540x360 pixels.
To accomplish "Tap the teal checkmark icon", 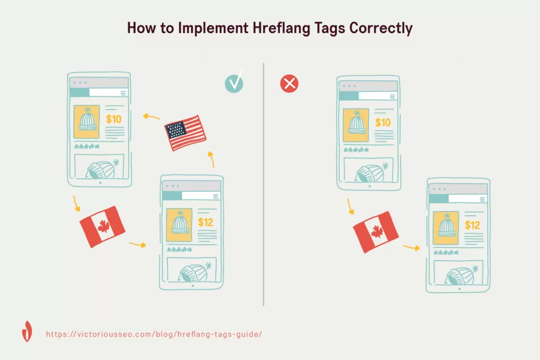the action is pyautogui.click(x=234, y=83).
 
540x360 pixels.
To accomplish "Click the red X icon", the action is pyautogui.click(x=290, y=84).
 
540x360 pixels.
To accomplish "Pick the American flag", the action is pyautogui.click(x=185, y=133).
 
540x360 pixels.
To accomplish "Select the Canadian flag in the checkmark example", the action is pyautogui.click(x=102, y=227).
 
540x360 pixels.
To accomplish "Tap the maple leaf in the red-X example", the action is pyautogui.click(x=377, y=231).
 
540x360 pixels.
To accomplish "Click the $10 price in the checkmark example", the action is pyautogui.click(x=114, y=119).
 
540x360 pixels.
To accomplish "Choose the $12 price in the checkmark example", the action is pyautogui.click(x=206, y=222).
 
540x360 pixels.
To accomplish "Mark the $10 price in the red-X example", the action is pyautogui.click(x=383, y=122).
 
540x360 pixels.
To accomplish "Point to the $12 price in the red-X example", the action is pyautogui.click(x=472, y=225).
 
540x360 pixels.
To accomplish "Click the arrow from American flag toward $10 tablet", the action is pyautogui.click(x=151, y=116).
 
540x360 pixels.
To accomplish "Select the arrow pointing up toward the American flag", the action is pyautogui.click(x=211, y=159).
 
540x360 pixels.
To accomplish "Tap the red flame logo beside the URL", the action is pyautogui.click(x=27, y=332).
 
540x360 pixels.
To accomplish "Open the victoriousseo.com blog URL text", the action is pyautogui.click(x=154, y=334).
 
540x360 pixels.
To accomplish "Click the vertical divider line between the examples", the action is pyautogui.click(x=264, y=184).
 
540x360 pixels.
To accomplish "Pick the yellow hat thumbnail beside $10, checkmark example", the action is pyautogui.click(x=86, y=122).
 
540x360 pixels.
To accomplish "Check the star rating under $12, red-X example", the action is pyautogui.click(x=446, y=252).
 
